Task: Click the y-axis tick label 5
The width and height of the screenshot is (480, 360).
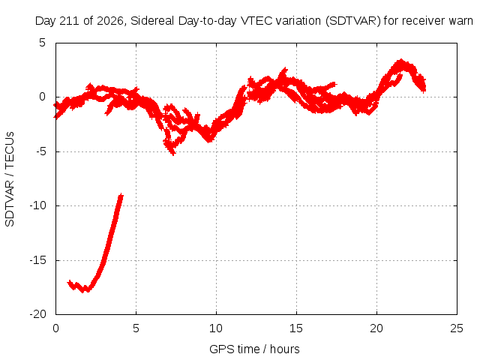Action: click(x=42, y=43)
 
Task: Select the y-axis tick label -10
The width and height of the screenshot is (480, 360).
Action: click(x=38, y=205)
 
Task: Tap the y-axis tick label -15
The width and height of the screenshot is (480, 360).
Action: click(x=38, y=260)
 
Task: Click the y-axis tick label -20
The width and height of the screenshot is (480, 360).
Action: click(x=38, y=314)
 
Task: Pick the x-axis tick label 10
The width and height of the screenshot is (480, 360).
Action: click(x=216, y=328)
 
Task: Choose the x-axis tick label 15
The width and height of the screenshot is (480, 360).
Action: click(x=296, y=328)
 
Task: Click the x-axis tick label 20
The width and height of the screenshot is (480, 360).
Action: click(x=376, y=328)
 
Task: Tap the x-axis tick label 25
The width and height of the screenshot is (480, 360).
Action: click(x=457, y=328)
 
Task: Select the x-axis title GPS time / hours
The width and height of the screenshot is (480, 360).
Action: click(x=254, y=349)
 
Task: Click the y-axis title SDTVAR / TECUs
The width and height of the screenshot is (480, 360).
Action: click(x=10, y=179)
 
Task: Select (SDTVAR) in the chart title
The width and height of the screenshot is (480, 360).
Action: click(x=353, y=21)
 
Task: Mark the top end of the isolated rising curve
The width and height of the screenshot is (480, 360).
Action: click(x=121, y=194)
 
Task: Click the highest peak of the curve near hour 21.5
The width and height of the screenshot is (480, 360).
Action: click(x=400, y=60)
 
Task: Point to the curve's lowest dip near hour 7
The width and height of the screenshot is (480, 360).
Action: click(x=173, y=154)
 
